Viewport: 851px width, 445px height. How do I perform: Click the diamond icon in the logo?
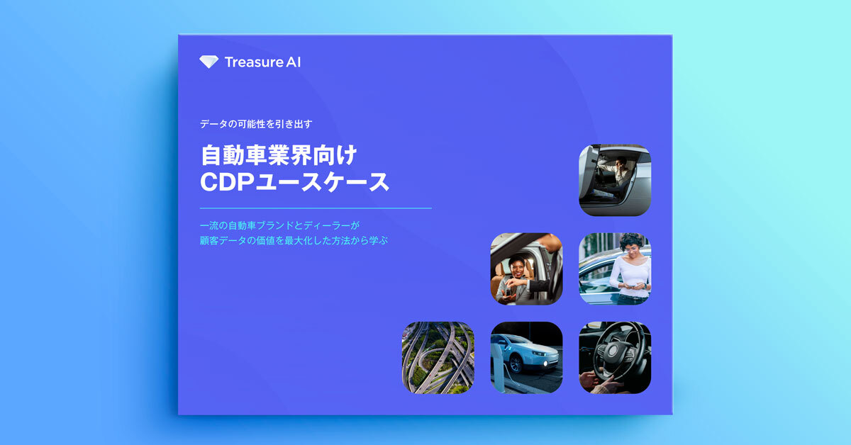tap(209, 62)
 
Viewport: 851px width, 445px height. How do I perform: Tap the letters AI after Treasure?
tap(293, 62)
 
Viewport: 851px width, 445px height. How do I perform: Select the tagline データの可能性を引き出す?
tap(256, 124)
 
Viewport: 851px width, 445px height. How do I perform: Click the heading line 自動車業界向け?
tap(279, 155)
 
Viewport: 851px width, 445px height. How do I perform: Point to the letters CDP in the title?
tap(227, 182)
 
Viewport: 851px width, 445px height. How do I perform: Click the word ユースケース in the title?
tap(323, 182)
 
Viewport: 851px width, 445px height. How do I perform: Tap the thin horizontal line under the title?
tap(316, 208)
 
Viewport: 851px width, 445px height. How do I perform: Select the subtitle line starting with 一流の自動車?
tap(279, 225)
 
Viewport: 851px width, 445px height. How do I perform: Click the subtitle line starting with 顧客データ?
tap(294, 241)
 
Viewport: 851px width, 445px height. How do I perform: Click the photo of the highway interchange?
tap(438, 358)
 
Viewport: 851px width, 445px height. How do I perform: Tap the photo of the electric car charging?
tap(526, 358)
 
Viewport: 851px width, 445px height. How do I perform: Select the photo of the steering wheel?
tap(615, 358)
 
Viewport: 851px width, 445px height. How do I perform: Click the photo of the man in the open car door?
tap(615, 180)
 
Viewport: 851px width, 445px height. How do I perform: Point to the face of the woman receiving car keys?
tap(518, 268)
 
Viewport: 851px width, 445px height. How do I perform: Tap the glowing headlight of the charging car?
tap(546, 364)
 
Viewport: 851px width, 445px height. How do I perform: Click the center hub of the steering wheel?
tap(613, 351)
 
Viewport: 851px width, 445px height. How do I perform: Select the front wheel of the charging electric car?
tap(516, 364)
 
